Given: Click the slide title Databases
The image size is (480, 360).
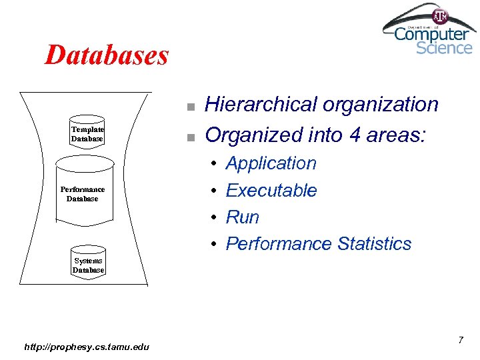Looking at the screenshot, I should click(x=107, y=55).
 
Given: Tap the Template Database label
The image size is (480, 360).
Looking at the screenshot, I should click(x=87, y=134).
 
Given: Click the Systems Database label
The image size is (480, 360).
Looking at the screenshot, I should click(x=88, y=265).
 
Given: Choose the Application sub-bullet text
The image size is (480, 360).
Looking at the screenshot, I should click(x=271, y=163).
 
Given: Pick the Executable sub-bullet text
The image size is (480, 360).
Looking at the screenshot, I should click(x=271, y=190).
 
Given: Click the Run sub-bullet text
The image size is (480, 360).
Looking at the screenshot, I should click(x=242, y=217).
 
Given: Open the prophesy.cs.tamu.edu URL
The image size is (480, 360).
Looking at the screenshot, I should click(x=87, y=346).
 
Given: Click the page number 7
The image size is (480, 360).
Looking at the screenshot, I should click(x=460, y=341).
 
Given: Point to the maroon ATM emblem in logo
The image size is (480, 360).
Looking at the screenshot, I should click(x=441, y=15).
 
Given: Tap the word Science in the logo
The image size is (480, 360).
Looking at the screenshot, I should click(x=444, y=47).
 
